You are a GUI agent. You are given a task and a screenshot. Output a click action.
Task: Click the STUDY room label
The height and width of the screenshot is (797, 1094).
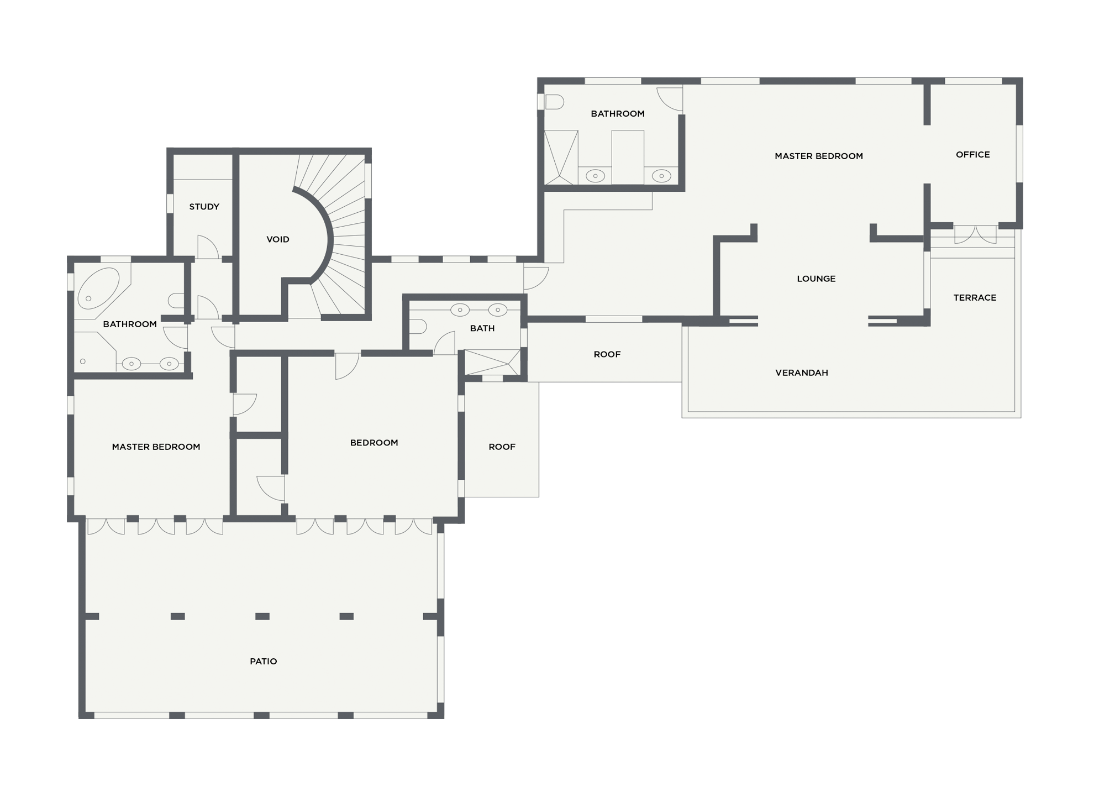coord(204,207)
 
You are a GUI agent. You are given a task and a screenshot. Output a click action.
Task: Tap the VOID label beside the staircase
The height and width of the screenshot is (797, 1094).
coord(278,239)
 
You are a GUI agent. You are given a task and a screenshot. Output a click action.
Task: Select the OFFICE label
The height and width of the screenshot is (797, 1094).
coord(973,155)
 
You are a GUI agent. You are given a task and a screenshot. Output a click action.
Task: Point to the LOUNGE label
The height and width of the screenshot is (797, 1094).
coord(816,279)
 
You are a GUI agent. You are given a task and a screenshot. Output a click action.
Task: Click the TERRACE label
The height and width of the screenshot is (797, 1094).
coord(975,297)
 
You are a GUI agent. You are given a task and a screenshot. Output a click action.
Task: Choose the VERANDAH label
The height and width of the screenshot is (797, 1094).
coord(802,373)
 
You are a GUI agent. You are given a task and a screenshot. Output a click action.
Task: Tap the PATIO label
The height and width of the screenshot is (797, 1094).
coord(264,661)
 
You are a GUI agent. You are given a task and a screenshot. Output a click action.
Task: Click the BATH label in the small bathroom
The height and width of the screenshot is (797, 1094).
coord(482,328)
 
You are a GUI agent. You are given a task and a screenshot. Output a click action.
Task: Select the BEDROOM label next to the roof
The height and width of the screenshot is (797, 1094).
coord(374,443)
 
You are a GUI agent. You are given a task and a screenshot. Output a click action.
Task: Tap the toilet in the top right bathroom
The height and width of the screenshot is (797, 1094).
coord(554,102)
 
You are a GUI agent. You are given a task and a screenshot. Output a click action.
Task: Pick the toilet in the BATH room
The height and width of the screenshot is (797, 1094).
coord(418,327)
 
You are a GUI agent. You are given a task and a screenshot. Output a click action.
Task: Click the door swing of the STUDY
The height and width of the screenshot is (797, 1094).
coord(208,247)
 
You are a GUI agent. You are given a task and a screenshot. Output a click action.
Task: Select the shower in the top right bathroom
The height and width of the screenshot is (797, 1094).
coord(561,158)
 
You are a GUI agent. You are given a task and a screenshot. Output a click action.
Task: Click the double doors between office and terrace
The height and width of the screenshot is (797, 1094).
coord(975,234)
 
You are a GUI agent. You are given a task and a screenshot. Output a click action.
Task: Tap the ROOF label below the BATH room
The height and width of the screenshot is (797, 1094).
coord(502,447)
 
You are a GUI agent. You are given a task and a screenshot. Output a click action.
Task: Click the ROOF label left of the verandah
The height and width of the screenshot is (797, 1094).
coord(607,354)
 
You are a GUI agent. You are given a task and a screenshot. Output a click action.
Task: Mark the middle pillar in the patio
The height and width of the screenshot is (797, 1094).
coord(262,616)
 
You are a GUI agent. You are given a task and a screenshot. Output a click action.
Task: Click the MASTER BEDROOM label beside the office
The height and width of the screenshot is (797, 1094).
coord(819,156)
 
